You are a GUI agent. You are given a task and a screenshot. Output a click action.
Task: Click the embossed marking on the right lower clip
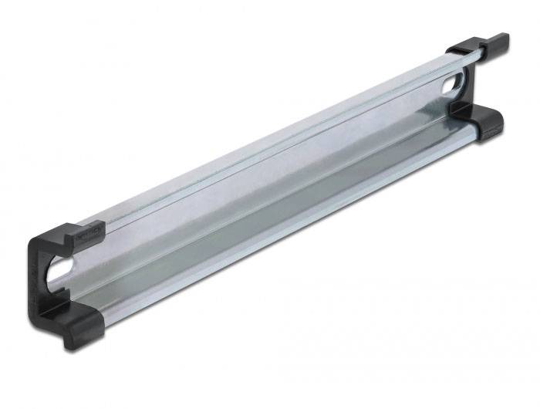coord(491,131)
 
